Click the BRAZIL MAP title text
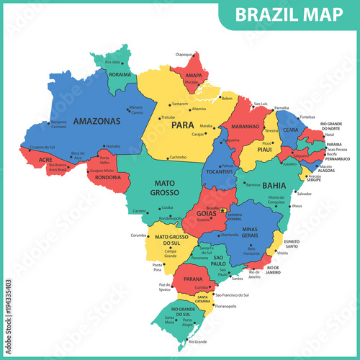(x=296, y=14)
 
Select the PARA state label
(x=183, y=125)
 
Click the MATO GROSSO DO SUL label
(x=171, y=240)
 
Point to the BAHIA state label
(x=274, y=184)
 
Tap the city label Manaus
(x=136, y=107)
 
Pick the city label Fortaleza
(x=308, y=117)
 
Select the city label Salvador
(x=304, y=194)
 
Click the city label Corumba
(x=138, y=235)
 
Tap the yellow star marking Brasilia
(x=222, y=210)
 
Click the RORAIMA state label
(x=120, y=74)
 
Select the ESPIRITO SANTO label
(x=292, y=243)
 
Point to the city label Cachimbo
(x=179, y=157)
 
